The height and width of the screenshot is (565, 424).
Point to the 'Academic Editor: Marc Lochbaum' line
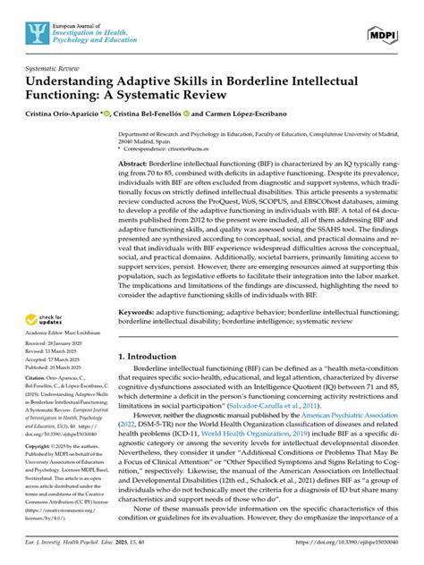coord(54,333)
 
